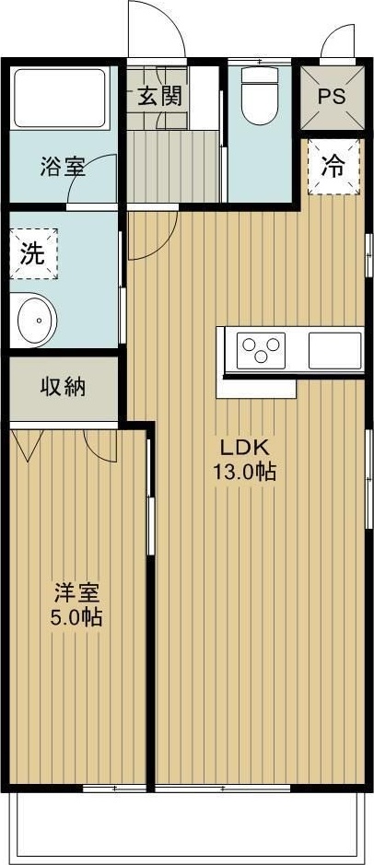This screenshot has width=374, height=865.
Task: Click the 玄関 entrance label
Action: (x=159, y=95)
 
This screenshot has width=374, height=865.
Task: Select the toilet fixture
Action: (x=259, y=98)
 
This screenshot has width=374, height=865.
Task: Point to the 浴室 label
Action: (x=63, y=168)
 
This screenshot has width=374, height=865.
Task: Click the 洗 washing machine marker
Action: (x=33, y=253)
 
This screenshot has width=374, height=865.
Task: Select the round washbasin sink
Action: (x=36, y=320)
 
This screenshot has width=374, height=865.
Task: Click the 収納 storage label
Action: (x=63, y=387)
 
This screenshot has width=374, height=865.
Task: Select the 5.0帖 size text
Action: (x=76, y=616)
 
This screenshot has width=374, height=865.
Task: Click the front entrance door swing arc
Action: (x=155, y=28)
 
